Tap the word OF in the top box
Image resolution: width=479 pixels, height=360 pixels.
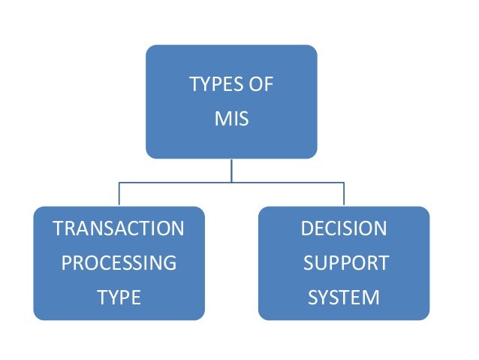260,84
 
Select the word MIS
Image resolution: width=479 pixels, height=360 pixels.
231,119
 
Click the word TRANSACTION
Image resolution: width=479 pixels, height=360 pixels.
119,228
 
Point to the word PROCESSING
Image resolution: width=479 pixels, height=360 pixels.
119,263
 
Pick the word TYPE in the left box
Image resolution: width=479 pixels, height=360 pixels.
119,298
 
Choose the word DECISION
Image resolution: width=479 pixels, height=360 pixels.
344,228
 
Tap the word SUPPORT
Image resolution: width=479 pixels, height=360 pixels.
345,263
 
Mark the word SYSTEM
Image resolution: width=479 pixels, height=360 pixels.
344,298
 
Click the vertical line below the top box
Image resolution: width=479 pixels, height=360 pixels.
231,170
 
